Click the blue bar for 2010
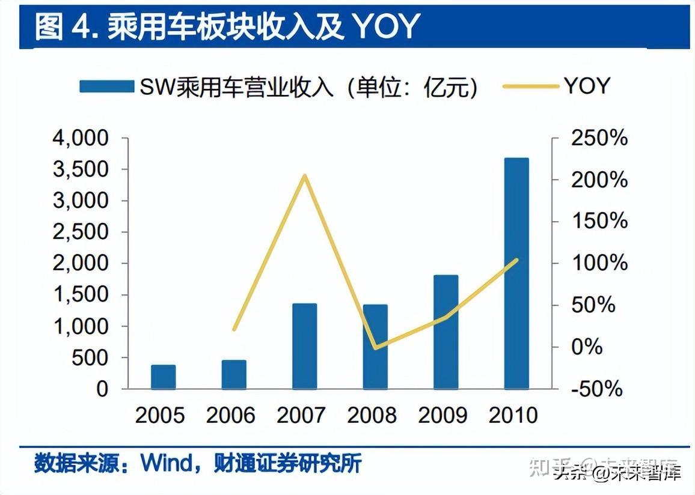(x=516, y=273)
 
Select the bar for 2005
(x=163, y=377)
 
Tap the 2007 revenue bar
(x=304, y=346)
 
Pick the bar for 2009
(x=445, y=332)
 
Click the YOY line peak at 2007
(x=305, y=176)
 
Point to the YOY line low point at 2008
(x=375, y=347)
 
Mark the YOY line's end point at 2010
(x=516, y=260)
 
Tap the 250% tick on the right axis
(x=599, y=139)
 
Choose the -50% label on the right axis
(x=596, y=389)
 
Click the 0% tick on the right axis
(x=586, y=347)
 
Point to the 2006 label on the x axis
(x=231, y=415)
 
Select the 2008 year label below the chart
(x=373, y=415)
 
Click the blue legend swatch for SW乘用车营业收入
(x=106, y=87)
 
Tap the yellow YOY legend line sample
(x=531, y=87)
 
